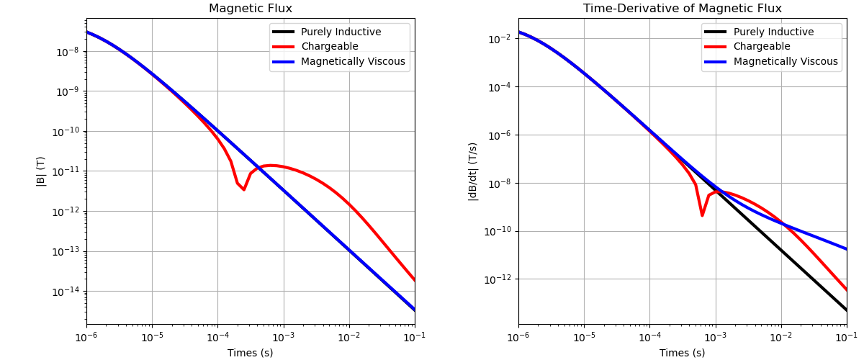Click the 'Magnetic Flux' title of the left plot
[250, 9]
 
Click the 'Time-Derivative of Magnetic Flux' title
[682, 9]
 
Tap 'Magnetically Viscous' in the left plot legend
[353, 62]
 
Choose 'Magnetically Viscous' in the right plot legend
[786, 62]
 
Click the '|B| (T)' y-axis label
[41, 171]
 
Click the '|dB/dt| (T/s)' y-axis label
[473, 171]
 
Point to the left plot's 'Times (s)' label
[250, 353]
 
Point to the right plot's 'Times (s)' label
[682, 353]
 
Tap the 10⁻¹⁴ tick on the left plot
[67, 292]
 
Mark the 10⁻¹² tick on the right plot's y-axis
[499, 279]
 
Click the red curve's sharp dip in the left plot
[243, 189]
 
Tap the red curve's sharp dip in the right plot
[702, 215]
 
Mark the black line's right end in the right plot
[846, 310]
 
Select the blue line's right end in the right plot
[846, 249]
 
